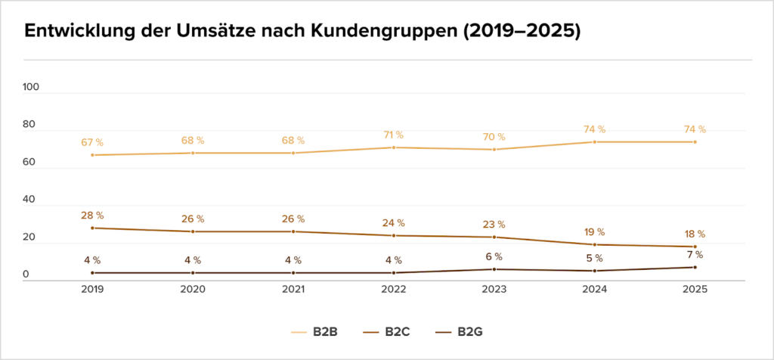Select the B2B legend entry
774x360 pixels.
click(x=314, y=331)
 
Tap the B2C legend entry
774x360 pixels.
click(x=386, y=331)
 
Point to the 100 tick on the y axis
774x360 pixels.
click(x=31, y=87)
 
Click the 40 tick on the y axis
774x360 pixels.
click(x=31, y=200)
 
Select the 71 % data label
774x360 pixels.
click(x=394, y=135)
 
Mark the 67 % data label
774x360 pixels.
click(x=92, y=142)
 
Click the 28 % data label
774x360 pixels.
click(x=92, y=216)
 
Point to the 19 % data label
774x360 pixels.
click(x=595, y=232)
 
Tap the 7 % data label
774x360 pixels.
click(x=695, y=255)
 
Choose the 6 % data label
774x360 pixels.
click(x=494, y=257)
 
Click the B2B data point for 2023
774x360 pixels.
click(x=494, y=150)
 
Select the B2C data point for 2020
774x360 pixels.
click(x=193, y=231)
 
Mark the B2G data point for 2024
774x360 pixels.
click(x=595, y=271)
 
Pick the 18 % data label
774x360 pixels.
click(x=695, y=234)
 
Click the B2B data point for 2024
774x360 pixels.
click(x=595, y=142)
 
